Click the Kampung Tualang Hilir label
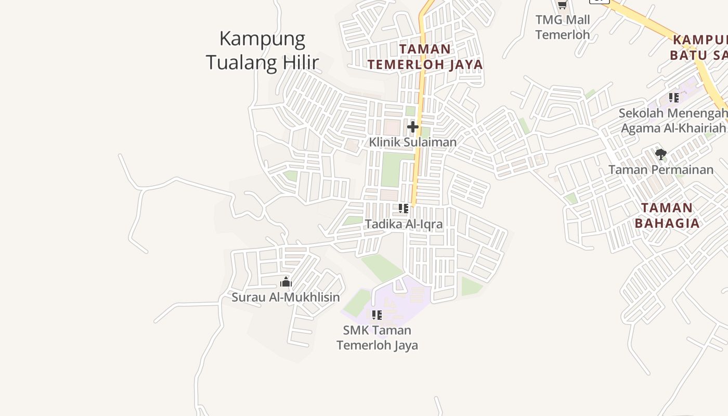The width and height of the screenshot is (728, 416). click(262, 50)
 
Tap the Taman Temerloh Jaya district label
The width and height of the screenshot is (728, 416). click(425, 57)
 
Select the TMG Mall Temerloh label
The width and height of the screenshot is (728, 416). click(563, 27)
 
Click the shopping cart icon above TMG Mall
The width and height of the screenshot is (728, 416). click(562, 5)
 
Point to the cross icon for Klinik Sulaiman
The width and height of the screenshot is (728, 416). click(413, 127)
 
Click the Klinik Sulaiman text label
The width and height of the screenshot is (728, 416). click(413, 142)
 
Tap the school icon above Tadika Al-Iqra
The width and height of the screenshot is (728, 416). click(404, 209)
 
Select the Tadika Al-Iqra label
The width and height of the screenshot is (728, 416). click(404, 224)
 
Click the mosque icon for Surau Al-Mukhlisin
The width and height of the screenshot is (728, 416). click(285, 282)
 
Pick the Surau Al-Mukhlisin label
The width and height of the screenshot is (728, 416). click(285, 297)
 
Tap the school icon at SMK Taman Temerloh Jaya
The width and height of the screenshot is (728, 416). click(377, 315)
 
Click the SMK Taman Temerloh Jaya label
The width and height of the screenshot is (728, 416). click(377, 337)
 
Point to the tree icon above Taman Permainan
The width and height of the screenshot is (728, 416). click(661, 154)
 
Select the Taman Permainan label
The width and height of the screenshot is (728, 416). click(661, 170)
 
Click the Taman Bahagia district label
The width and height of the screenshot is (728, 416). click(667, 215)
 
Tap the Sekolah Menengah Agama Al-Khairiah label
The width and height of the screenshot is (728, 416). click(673, 121)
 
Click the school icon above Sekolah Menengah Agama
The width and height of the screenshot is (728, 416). click(674, 98)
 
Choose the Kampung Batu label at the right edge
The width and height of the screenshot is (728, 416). click(699, 47)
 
